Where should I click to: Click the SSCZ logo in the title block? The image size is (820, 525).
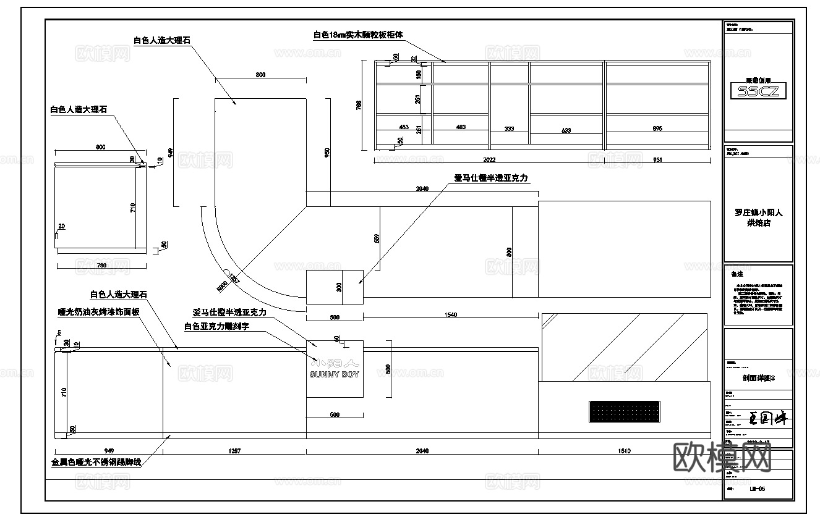[758, 91]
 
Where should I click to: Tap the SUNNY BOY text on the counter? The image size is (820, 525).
[334, 374]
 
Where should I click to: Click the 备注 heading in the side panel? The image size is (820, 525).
[737, 274]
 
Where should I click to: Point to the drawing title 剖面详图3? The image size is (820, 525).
[758, 378]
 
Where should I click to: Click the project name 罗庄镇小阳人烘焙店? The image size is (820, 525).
[758, 217]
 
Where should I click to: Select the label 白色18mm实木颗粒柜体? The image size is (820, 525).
[358, 35]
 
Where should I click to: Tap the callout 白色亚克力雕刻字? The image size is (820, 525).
[216, 326]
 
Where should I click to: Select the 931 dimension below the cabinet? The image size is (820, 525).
[657, 159]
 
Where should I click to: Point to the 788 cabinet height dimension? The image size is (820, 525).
[359, 106]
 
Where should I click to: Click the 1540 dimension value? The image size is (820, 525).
[450, 315]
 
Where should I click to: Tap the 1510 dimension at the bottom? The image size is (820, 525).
[624, 451]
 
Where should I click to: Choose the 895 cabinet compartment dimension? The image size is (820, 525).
[657, 128]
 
